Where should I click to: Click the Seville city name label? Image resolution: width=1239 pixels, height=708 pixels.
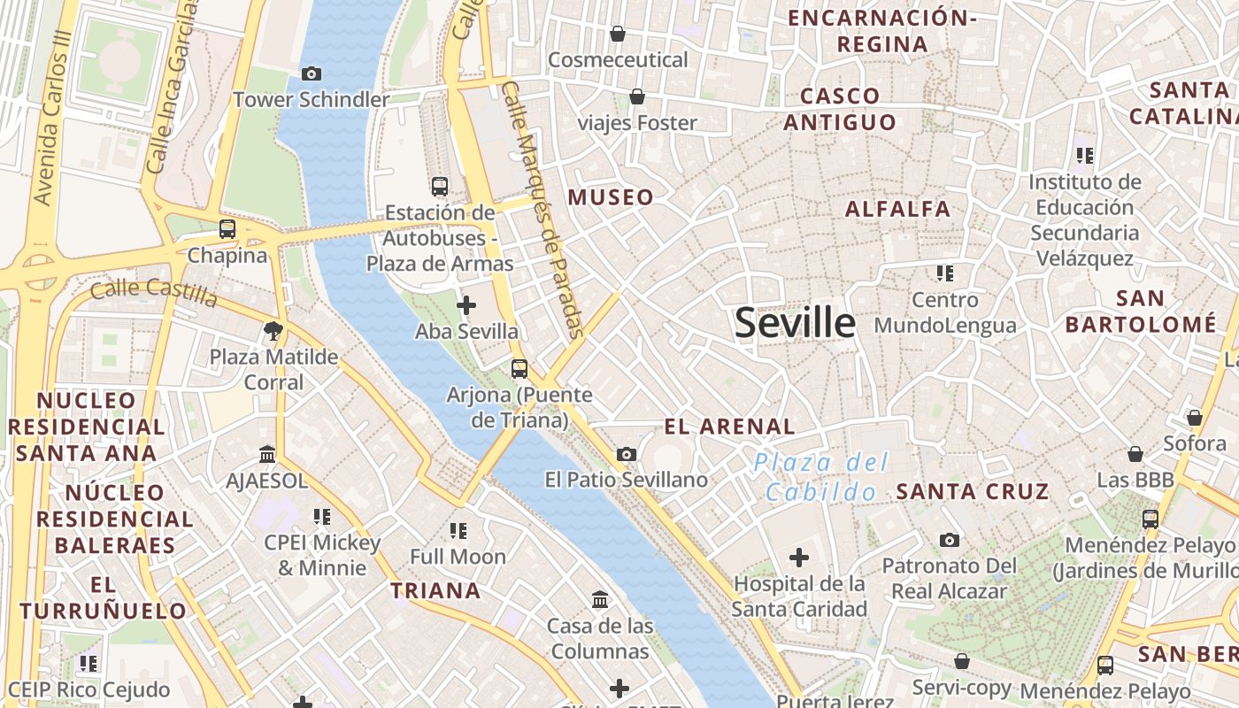(795, 323)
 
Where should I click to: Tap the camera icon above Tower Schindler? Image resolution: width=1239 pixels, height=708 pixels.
(312, 74)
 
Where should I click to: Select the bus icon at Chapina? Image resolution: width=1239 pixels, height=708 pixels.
(227, 229)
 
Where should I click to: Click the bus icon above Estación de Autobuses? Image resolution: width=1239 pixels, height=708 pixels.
(440, 186)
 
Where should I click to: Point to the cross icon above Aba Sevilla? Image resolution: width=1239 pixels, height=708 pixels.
(466, 306)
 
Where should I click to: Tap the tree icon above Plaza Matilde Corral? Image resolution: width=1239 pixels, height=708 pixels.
(273, 332)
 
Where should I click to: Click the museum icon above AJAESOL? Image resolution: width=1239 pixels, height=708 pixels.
(267, 455)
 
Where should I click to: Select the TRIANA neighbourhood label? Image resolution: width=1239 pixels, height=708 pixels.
(436, 590)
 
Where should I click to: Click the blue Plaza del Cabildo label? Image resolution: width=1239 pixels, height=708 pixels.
(821, 477)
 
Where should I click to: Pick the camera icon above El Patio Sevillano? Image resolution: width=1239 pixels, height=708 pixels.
(627, 455)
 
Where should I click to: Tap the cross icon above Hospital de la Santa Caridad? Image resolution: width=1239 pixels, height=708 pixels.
(799, 558)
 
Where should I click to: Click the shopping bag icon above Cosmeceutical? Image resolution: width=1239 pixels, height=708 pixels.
(618, 35)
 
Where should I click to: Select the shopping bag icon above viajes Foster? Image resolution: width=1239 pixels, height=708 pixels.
(637, 96)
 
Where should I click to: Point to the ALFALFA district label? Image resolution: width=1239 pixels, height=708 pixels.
(897, 209)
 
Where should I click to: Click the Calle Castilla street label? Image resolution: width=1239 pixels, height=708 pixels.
(154, 292)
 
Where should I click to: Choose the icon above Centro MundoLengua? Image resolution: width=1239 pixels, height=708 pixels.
(945, 273)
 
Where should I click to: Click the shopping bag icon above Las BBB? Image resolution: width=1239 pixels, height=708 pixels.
(1135, 455)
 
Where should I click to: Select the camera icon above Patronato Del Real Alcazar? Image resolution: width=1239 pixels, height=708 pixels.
(949, 540)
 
